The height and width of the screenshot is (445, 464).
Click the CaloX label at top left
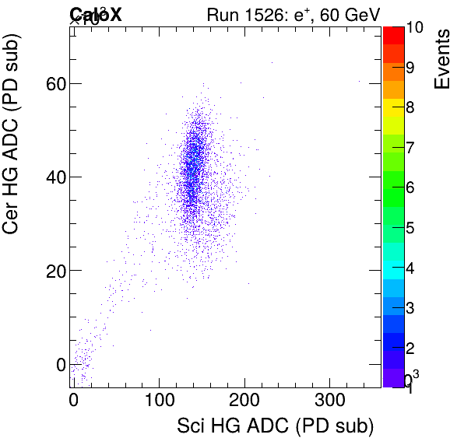point(95,14)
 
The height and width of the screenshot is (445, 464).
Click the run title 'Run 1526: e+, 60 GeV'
point(293,14)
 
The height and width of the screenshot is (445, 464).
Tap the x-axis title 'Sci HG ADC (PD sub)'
point(276,426)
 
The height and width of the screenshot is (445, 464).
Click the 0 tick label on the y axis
point(59,364)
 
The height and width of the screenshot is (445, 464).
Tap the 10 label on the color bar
point(414,27)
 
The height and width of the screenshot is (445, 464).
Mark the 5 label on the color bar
point(410,228)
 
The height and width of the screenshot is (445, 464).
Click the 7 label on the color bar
point(410,147)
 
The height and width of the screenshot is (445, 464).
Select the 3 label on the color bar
point(410,308)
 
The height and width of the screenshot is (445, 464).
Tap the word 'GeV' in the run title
point(360,14)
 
